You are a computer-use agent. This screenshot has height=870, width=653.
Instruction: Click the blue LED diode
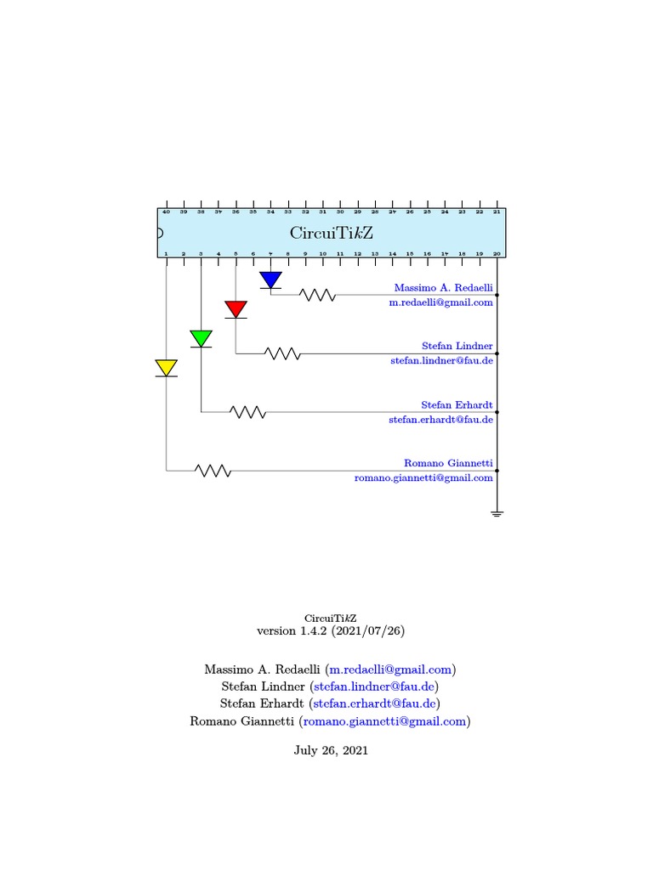270,280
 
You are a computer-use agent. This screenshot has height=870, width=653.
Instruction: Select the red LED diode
236,309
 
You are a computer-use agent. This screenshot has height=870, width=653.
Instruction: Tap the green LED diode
201,338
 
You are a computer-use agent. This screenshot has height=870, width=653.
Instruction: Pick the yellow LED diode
167,368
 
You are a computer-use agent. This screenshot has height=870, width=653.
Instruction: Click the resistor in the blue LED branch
317,295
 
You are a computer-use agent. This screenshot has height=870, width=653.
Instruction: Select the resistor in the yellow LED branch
213,470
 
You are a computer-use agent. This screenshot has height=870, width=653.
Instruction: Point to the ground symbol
497,513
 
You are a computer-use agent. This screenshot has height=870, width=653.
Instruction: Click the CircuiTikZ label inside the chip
332,233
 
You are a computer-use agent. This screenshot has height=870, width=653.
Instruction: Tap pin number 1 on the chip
167,253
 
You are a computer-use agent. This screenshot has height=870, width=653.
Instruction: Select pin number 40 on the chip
167,212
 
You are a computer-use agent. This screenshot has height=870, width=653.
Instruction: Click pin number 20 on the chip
497,253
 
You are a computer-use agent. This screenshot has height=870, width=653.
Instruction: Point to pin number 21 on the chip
497,212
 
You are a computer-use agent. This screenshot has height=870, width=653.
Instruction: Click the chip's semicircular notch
161,233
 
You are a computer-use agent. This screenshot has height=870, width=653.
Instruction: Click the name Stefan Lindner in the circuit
457,346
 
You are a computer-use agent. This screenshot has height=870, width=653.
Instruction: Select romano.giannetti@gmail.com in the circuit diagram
423,477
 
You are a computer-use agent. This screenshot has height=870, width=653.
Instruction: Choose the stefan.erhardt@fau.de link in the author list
375,703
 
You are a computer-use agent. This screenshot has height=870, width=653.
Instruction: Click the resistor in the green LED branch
248,412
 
